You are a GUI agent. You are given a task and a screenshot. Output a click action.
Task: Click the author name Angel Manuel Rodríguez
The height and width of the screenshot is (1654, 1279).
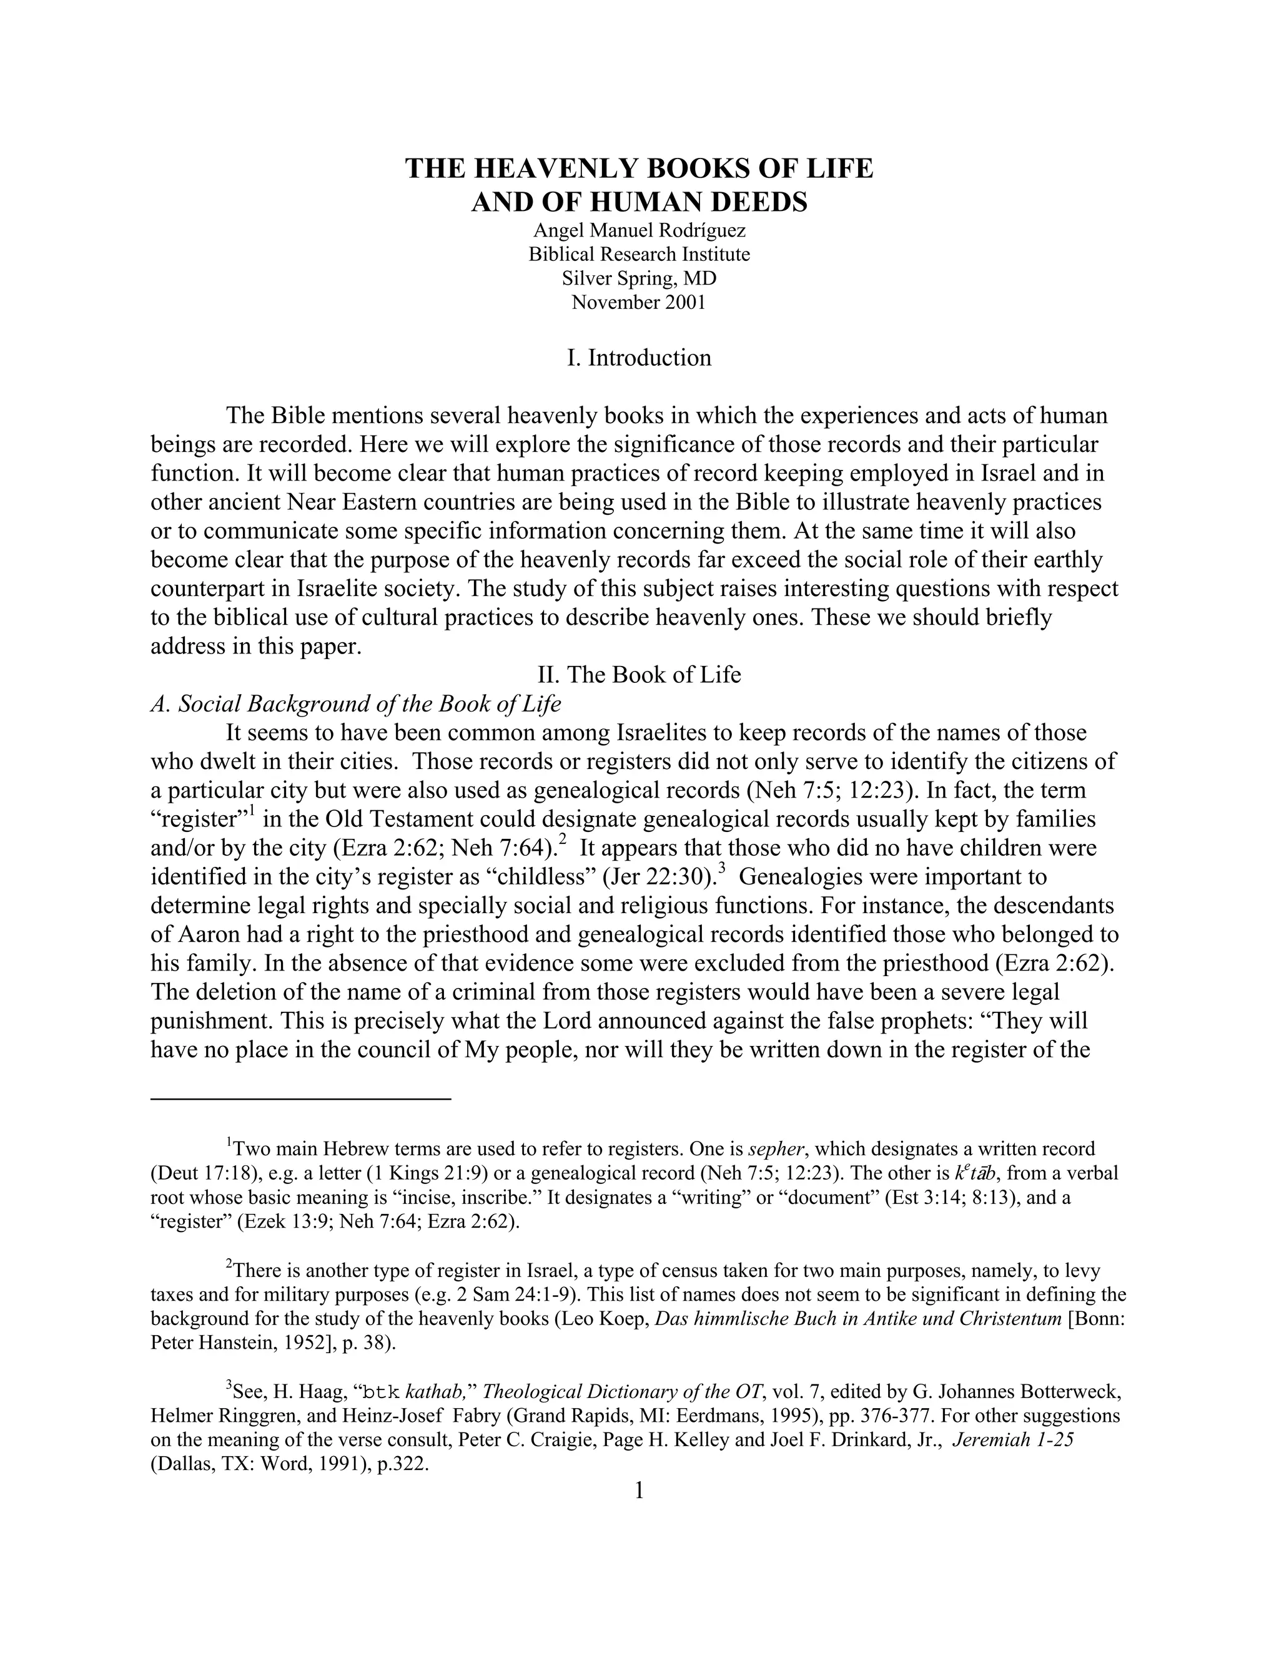pos(639,230)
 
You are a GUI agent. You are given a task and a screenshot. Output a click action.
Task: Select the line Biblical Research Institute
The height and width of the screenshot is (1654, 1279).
pos(639,255)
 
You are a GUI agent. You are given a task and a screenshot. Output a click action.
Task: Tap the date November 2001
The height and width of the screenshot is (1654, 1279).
pos(639,303)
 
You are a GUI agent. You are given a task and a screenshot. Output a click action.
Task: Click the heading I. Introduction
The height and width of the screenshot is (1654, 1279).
pos(639,358)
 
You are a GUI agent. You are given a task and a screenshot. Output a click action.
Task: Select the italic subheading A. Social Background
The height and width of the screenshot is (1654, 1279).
pos(355,703)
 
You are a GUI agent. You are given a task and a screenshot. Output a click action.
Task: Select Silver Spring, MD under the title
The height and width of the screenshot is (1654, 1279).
pos(639,279)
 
